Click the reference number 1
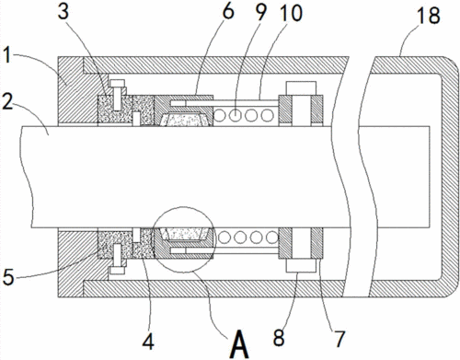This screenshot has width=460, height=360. click(x=7, y=56)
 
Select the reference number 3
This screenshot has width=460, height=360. click(x=63, y=11)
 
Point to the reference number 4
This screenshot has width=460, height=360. click(x=148, y=341)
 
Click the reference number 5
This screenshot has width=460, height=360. click(x=8, y=277)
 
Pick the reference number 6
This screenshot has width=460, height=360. click(x=227, y=11)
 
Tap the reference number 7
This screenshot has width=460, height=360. click(x=339, y=339)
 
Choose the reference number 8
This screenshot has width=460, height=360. click(x=279, y=338)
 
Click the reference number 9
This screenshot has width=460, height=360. click(x=260, y=12)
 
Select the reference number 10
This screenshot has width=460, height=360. click(x=291, y=13)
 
